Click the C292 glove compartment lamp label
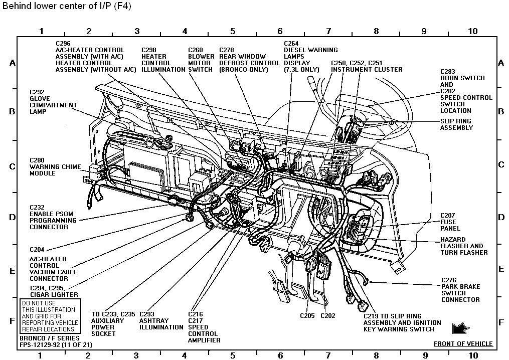click(53, 102)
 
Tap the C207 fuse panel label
click(448, 222)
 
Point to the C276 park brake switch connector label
click(461, 290)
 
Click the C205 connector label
click(307, 316)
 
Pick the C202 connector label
click(327, 316)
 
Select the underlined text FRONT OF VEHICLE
click(463, 344)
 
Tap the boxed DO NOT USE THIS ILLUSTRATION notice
click(49, 316)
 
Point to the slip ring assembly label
click(456, 124)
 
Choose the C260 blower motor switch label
click(201, 60)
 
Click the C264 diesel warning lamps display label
click(310, 56)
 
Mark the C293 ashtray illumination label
click(161, 321)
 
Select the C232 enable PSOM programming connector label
click(53, 217)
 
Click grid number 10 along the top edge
click(472, 31)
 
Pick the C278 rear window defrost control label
click(249, 60)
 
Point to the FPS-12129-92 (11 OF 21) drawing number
click(56, 345)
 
